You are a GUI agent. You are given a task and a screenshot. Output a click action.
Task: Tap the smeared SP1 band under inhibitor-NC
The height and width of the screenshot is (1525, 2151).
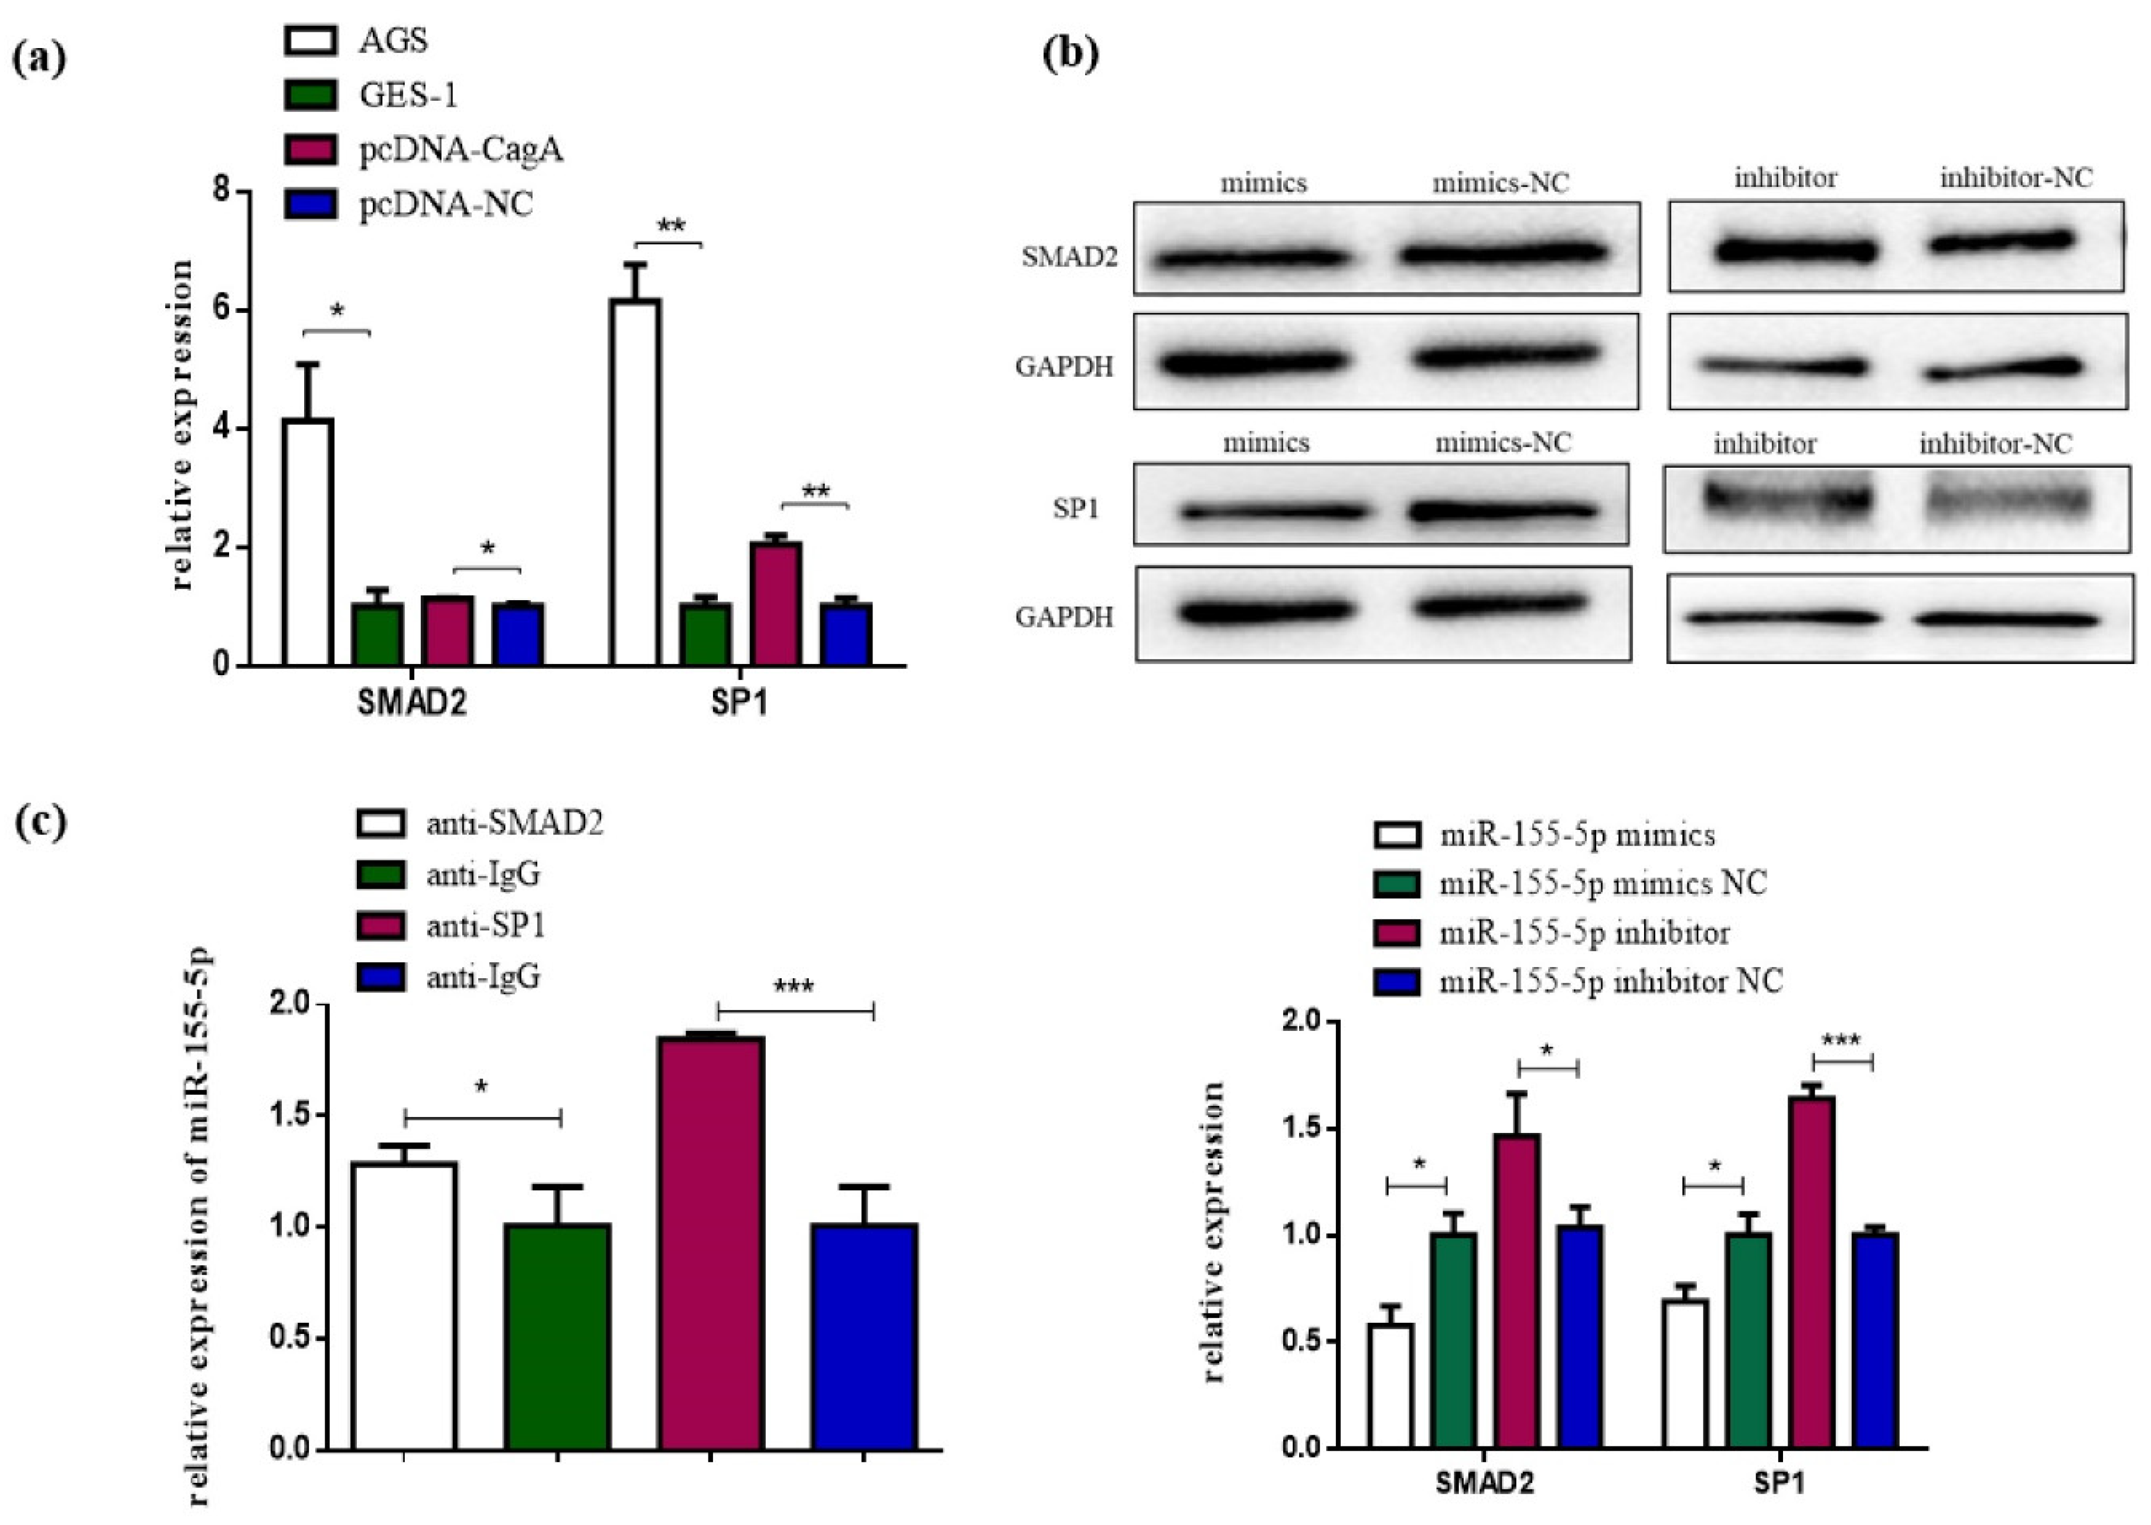[2009, 502]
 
